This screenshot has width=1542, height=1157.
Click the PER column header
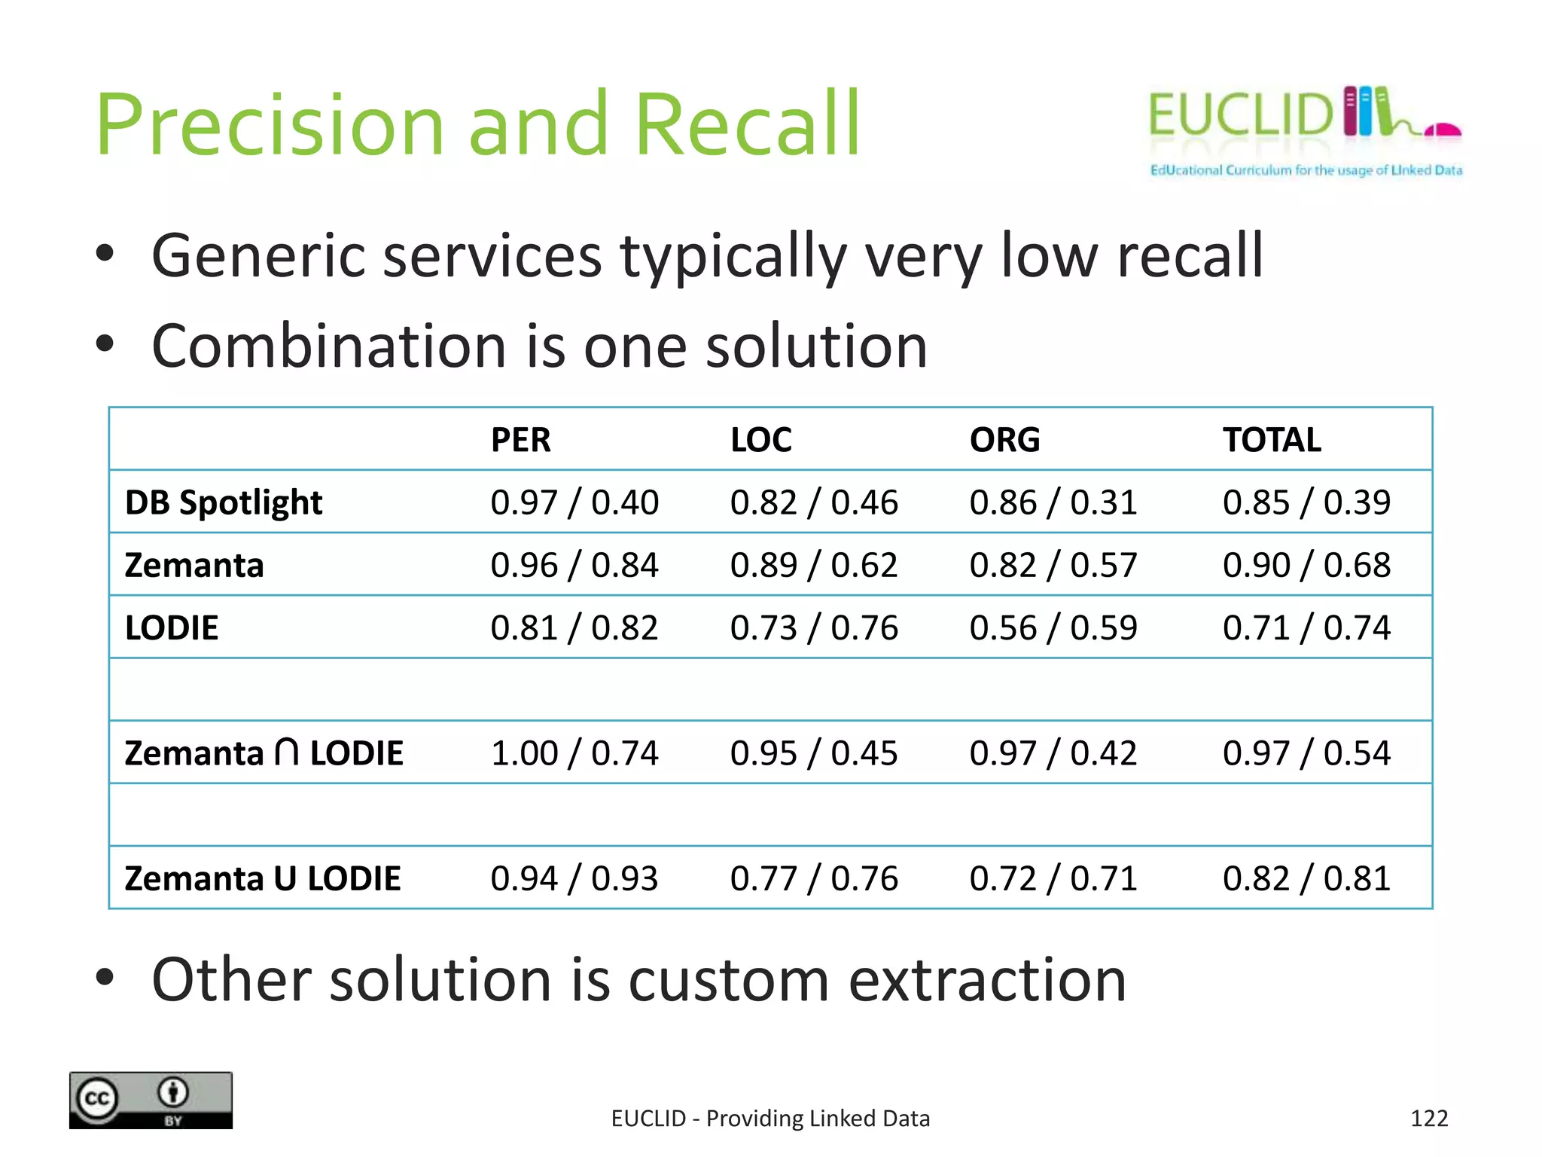[x=520, y=440]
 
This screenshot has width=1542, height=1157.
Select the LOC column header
[x=760, y=440]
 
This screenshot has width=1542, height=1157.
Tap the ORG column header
[x=1004, y=440]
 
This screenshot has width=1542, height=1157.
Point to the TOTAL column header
[x=1272, y=440]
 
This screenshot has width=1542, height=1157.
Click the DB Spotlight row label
[x=224, y=502]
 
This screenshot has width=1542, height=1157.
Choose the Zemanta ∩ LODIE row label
[x=264, y=753]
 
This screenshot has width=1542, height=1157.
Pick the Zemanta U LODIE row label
[x=262, y=878]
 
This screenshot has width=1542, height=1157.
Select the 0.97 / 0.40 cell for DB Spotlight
[x=574, y=502]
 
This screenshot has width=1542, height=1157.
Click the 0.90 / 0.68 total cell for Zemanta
[x=1306, y=565]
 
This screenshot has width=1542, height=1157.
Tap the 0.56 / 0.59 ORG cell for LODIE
[x=1053, y=628]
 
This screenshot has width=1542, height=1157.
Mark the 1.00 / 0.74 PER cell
[x=574, y=753]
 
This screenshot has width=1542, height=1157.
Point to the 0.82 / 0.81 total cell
[x=1306, y=878]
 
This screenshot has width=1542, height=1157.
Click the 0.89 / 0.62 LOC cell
[x=814, y=565]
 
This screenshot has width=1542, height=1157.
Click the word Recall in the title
[x=747, y=124]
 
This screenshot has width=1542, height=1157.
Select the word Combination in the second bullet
[x=329, y=346]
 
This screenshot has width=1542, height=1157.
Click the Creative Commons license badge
[x=151, y=1100]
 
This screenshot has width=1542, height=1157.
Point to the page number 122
[x=1428, y=1119]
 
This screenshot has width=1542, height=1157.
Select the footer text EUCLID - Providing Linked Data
[x=770, y=1119]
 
